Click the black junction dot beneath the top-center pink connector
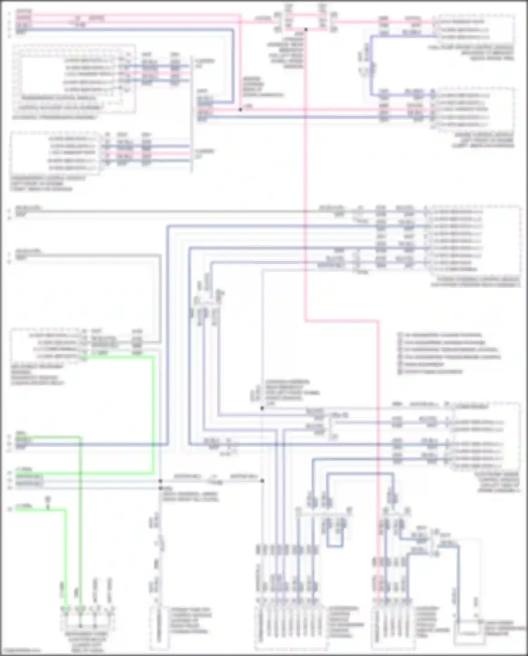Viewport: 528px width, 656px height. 306,30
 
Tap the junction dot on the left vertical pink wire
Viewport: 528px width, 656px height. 240,110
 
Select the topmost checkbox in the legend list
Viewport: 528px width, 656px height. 400,335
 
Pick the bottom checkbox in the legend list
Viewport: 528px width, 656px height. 400,372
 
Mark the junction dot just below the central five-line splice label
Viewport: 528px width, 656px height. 262,408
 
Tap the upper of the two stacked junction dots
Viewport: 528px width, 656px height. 160,481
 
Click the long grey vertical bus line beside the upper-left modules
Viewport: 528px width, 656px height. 192,113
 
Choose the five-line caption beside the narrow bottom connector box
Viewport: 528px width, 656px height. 191,620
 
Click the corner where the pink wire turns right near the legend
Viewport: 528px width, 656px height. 306,321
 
